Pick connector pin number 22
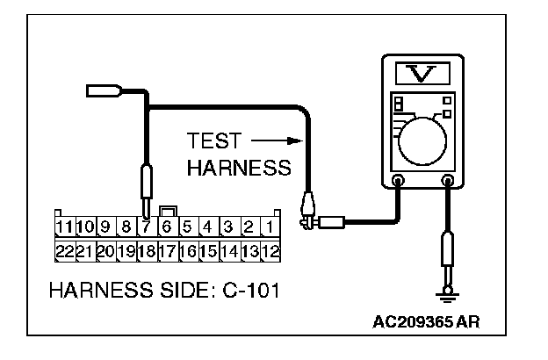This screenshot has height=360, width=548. pos(63,250)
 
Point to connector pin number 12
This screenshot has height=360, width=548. pos(270,250)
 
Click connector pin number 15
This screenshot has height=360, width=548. pos(208,250)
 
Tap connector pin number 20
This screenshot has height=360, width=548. pos(105,250)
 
